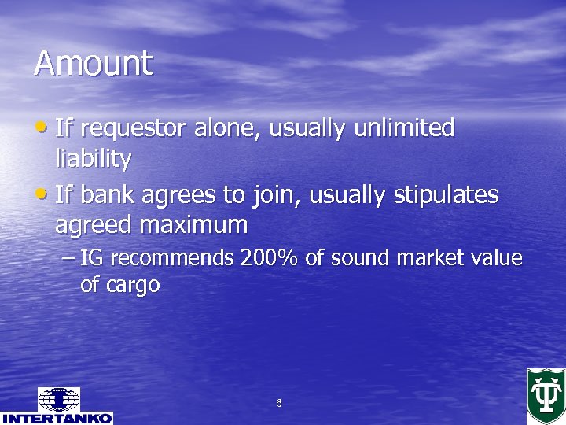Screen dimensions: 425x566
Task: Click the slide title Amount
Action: click(93, 63)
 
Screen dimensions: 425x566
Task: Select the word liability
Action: click(93, 159)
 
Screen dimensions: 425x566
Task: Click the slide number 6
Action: click(279, 404)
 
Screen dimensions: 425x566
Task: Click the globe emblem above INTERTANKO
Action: click(58, 399)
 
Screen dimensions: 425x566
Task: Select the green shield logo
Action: click(546, 395)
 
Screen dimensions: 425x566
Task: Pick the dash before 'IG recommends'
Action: click(69, 258)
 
